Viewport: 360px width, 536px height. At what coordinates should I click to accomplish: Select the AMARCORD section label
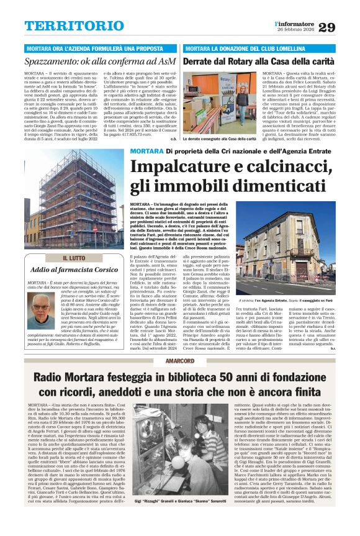pyautogui.click(x=180, y=361)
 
